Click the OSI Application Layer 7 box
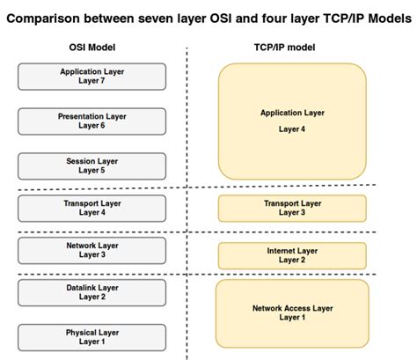91,77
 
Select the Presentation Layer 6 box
91,121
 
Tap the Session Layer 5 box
91,165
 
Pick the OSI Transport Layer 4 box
91,208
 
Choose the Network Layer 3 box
91,251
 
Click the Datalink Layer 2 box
91,292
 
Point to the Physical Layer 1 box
91,337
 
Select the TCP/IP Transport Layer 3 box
292,208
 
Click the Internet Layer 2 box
292,255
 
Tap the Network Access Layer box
292,312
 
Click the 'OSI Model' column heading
91,46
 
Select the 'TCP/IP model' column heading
292,46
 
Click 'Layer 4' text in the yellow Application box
292,129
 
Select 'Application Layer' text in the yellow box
292,113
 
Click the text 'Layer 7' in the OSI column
91,82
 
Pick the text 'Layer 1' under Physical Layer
91,342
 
